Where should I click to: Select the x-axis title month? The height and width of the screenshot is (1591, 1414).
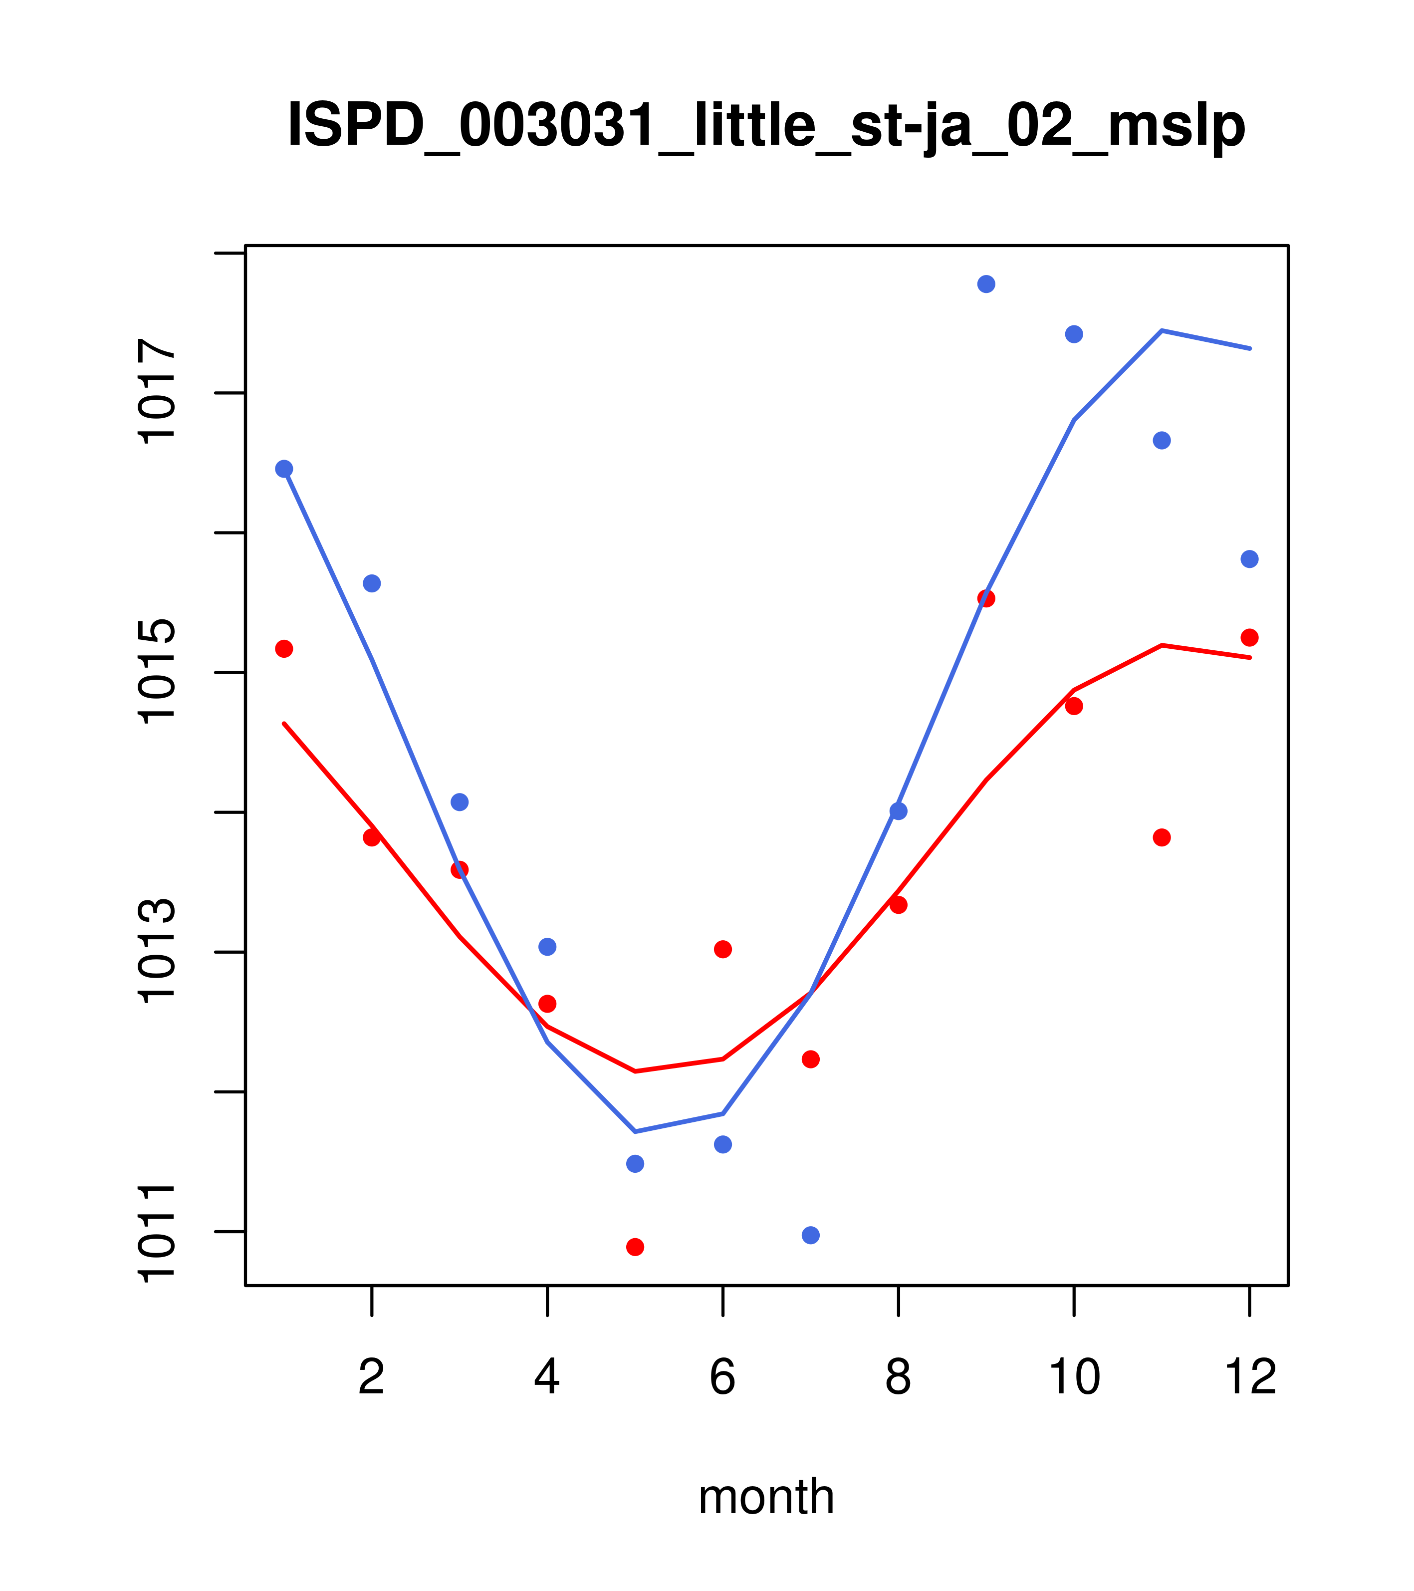(x=766, y=1496)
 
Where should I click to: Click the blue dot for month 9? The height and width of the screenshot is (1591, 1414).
(x=986, y=284)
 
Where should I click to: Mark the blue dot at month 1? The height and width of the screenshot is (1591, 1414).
(x=284, y=469)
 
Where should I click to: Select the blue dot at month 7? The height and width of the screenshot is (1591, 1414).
(x=810, y=1235)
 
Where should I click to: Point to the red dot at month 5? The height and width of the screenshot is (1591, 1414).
(x=635, y=1247)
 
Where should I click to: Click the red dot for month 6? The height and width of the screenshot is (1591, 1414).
(x=723, y=949)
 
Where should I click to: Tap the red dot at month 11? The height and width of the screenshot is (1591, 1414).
(x=1162, y=837)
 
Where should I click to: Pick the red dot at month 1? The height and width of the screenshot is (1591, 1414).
(x=284, y=648)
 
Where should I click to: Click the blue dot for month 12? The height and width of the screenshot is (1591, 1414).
(x=1250, y=559)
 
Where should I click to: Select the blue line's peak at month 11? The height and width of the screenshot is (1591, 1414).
(x=1162, y=331)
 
